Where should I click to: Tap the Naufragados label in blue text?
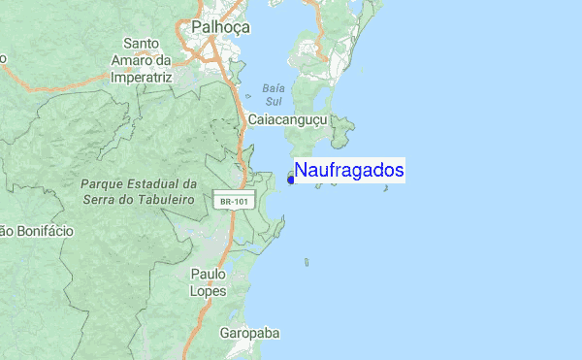click(349, 171)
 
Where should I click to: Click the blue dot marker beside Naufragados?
click(291, 179)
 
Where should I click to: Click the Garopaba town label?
click(249, 333)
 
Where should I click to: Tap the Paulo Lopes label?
click(209, 282)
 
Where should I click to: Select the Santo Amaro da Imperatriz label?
click(142, 59)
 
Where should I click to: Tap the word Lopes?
click(209, 291)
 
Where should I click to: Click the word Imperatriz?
click(142, 76)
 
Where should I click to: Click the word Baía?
click(272, 87)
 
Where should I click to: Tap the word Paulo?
click(209, 275)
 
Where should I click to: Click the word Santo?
click(142, 44)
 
